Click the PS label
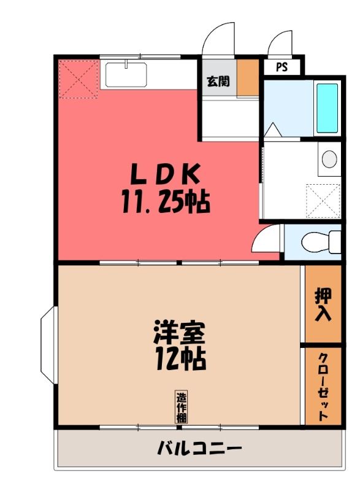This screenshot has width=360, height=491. [281, 67]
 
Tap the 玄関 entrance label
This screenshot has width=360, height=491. [218, 82]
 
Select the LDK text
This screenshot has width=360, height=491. [165, 174]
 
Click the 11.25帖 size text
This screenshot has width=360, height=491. [166, 202]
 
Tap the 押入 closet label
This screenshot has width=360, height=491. [323, 304]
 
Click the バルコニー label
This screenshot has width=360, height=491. [199, 448]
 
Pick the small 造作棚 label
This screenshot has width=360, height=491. [182, 408]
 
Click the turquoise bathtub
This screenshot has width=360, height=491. [327, 108]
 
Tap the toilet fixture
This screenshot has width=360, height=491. [321, 242]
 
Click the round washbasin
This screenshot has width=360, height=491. [329, 159]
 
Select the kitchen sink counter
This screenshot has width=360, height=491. [126, 75]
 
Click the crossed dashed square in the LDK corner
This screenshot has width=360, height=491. [79, 80]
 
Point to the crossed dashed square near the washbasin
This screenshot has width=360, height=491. [323, 201]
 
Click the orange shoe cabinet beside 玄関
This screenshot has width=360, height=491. [247, 77]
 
